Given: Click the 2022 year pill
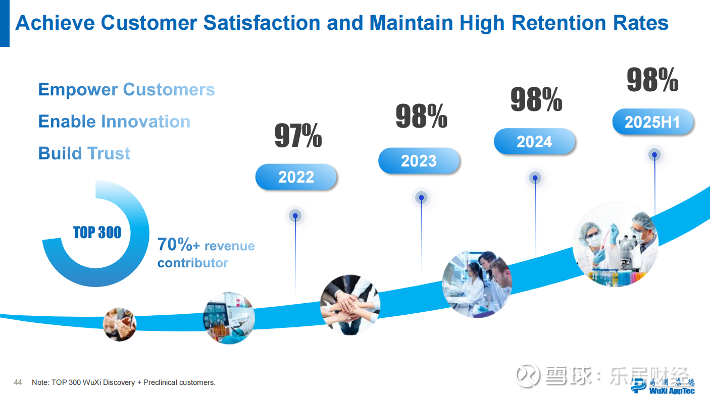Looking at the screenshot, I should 296,177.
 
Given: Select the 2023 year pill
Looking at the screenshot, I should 419,161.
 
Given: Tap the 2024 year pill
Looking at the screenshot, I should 534,142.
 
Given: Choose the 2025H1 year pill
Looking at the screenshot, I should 652,122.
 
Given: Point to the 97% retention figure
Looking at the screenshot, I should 298,136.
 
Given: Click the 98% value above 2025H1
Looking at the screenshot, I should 652,80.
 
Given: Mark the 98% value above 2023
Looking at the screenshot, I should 421,117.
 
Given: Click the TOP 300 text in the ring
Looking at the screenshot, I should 97,233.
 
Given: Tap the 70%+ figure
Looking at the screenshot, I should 179,245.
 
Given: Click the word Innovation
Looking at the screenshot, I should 145,122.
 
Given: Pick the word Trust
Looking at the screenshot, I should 109,153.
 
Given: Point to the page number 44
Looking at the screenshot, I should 18,382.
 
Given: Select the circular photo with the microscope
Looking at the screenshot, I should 616,245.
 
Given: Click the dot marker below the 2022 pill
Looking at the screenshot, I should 295,216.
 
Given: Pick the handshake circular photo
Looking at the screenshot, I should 120,324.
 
